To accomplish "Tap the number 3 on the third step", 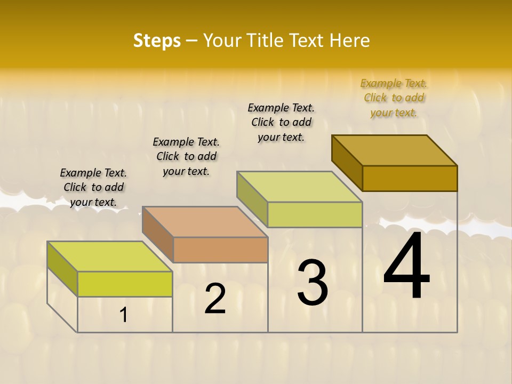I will pos(313,283).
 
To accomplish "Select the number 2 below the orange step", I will pos(215,299).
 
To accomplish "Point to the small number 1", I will pos(124,315).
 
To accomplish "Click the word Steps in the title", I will pos(157,41).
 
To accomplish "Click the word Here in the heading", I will pos(349,41).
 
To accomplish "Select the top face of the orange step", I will pos(204,221).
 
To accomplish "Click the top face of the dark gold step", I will pos(395,150).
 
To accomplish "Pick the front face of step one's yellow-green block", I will pos(125,284).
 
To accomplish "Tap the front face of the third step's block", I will pos(315,214).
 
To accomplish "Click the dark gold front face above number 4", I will pos(410,178).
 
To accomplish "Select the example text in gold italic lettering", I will pos(394,98).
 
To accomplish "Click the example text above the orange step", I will pos(186,156).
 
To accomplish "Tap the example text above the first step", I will pos(93,187).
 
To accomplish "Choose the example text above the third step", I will pos(281,122).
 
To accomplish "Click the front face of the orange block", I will pos(220,250).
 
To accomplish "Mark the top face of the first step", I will pos(109,257).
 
